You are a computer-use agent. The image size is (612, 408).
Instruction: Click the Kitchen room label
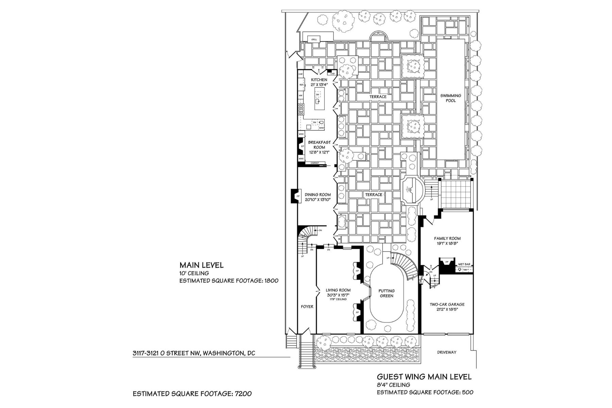point(319,80)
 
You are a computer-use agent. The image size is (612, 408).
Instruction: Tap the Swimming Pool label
point(451,98)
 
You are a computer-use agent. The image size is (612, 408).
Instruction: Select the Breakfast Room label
point(319,145)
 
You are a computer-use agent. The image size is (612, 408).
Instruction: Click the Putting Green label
point(387,293)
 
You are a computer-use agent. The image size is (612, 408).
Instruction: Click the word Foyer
point(307,306)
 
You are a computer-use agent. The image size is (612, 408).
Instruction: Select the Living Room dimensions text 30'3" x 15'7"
point(338,295)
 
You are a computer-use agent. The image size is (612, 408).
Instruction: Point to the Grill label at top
point(314,40)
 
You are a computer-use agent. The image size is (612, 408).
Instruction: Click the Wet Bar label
point(464,264)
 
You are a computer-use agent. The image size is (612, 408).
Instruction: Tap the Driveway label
point(446,352)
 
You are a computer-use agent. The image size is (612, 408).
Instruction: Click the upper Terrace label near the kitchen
point(378,97)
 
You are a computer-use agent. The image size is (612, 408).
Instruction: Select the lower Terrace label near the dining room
point(374,194)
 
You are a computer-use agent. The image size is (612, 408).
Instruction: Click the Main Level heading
point(201,265)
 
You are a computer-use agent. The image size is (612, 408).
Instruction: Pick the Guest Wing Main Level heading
point(424,377)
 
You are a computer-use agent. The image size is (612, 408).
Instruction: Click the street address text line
point(193,353)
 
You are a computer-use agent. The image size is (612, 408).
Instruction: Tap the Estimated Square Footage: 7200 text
point(192,394)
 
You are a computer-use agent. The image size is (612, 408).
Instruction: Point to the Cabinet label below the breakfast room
point(314,163)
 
